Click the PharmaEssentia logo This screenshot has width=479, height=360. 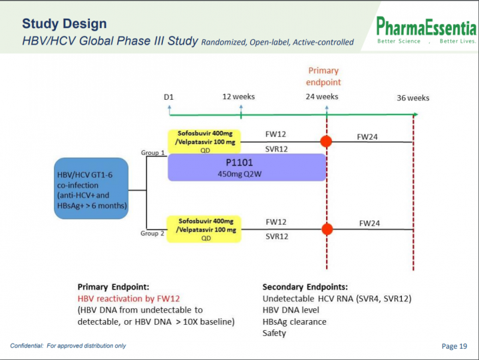pyautogui.click(x=426, y=30)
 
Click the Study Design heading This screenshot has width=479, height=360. pyautogui.click(x=65, y=24)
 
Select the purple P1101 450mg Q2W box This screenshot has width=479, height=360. pyautogui.click(x=247, y=168)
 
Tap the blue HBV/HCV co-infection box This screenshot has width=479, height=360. pyautogui.click(x=91, y=188)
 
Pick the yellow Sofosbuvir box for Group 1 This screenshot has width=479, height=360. pyautogui.click(x=204, y=142)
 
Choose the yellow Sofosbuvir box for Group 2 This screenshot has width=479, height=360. pyautogui.click(x=204, y=229)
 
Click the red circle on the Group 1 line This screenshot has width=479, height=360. pyautogui.click(x=326, y=142)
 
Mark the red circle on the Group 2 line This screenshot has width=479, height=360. pyautogui.click(x=327, y=229)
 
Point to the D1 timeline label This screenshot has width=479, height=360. pyautogui.click(x=168, y=97)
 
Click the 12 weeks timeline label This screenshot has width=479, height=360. pyautogui.click(x=239, y=97)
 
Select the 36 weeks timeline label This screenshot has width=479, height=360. pyautogui.click(x=413, y=98)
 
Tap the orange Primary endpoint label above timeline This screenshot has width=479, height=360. pyautogui.click(x=323, y=77)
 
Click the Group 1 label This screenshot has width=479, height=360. pyautogui.click(x=153, y=152)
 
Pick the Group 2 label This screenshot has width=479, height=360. pyautogui.click(x=152, y=233)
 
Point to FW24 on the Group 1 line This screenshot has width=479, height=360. pyautogui.click(x=367, y=137)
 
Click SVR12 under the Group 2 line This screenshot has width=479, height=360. pyautogui.click(x=277, y=236)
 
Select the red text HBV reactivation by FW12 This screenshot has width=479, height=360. pyautogui.click(x=129, y=299)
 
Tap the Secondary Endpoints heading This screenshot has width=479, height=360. pyautogui.click(x=305, y=287)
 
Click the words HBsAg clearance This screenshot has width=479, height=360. pyautogui.click(x=295, y=322)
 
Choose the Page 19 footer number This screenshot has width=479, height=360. pyautogui.click(x=454, y=346)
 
